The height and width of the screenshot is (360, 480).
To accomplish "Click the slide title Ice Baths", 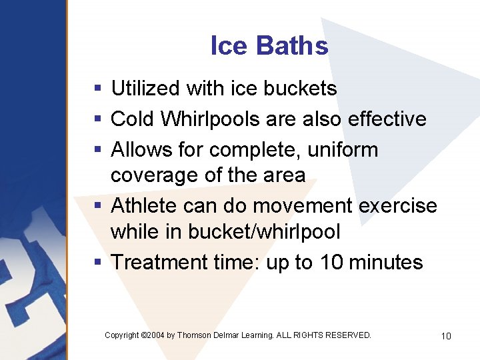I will click(269, 46).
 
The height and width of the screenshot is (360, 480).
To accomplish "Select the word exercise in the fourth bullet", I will click(398, 205).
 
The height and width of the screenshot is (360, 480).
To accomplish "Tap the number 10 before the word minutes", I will click(331, 262).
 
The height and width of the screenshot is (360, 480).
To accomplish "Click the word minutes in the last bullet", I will click(386, 262).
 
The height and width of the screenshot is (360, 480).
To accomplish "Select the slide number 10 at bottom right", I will click(446, 336).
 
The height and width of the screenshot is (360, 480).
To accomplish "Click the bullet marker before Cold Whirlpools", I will click(98, 119).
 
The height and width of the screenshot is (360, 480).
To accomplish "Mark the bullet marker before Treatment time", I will click(98, 263).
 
